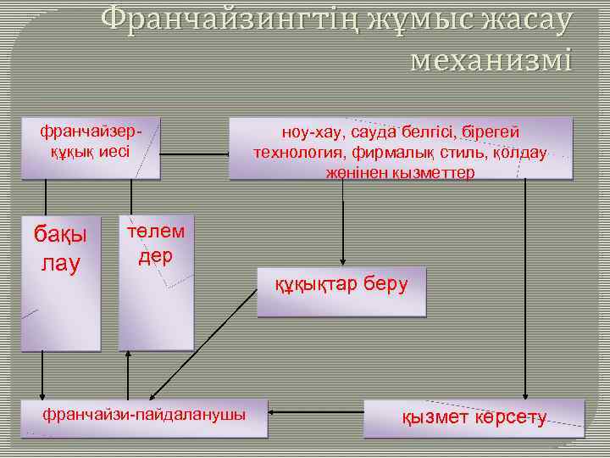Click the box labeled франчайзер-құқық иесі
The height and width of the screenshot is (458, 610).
point(91,148)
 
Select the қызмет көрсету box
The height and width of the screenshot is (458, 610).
point(474,418)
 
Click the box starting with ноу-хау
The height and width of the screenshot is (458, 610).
point(400,149)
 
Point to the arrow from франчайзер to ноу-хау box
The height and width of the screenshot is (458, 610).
point(195,154)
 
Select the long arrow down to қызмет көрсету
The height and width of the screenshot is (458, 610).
point(526,288)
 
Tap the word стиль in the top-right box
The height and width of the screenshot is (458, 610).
point(464,153)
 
